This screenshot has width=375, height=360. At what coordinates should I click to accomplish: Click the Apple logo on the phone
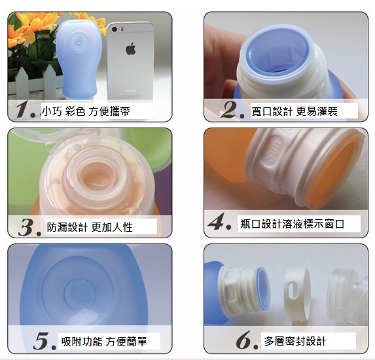131,49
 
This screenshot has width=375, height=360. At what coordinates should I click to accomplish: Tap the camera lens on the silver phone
115,29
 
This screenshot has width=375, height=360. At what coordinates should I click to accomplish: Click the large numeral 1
24,109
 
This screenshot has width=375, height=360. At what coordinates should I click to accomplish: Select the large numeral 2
229,109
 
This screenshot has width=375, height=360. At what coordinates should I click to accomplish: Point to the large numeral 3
27,227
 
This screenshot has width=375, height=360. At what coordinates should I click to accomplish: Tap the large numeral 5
43,340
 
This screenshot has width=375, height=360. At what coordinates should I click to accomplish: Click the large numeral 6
244,340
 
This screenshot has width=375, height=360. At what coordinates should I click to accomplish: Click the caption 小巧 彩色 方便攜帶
86,111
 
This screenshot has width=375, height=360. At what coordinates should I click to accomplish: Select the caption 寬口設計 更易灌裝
295,111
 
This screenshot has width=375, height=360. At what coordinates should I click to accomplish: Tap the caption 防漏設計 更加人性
90,227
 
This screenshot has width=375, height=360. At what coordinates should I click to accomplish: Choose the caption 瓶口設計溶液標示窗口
293,224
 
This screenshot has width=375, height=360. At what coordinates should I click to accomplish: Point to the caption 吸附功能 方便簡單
104,341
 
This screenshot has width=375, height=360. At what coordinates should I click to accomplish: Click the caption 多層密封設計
295,341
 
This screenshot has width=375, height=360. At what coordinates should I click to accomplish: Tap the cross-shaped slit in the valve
98,185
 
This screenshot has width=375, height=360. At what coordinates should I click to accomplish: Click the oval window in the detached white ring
292,290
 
